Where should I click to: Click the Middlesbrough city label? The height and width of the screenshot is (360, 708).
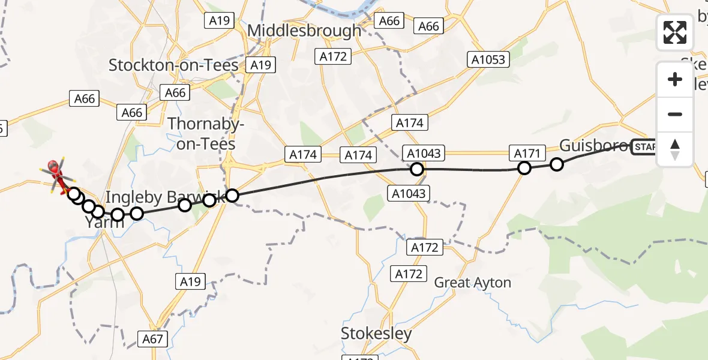[305, 30]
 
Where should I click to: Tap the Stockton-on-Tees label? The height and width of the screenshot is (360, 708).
[173, 65]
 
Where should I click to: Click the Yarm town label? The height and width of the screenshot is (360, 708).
[104, 223]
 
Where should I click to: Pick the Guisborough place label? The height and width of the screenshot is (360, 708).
[594, 145]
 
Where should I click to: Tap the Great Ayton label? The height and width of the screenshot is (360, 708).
[472, 282]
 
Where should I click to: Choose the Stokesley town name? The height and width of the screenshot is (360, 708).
[376, 334]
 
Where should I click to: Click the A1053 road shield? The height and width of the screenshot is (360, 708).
[488, 59]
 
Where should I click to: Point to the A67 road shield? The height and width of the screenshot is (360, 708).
[153, 338]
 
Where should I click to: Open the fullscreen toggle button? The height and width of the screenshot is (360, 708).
[675, 32]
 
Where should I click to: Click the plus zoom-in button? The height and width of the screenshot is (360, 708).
[675, 79]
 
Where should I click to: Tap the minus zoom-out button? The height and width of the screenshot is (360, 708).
[675, 114]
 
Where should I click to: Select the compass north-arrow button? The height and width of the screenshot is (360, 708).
[675, 149]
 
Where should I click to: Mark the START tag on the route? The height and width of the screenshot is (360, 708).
[644, 146]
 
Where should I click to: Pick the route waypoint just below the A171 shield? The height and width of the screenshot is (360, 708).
[524, 168]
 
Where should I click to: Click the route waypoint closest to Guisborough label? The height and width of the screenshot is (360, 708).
[557, 164]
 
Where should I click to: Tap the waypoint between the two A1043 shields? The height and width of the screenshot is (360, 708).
[417, 169]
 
